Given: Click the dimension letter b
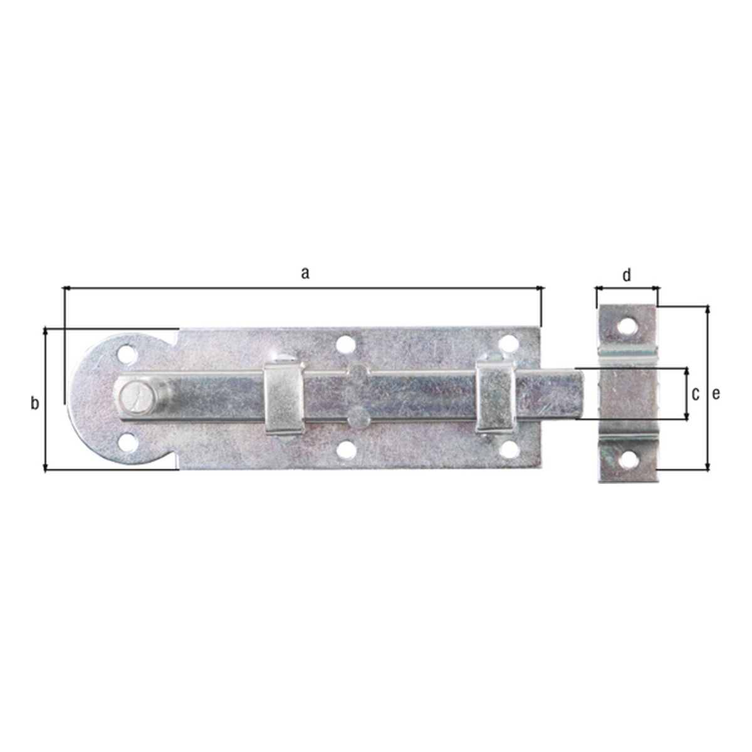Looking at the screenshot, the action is (x=34, y=403).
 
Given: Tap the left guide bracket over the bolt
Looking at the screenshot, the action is (x=285, y=399).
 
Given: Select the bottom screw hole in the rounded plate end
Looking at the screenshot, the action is (x=128, y=443).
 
